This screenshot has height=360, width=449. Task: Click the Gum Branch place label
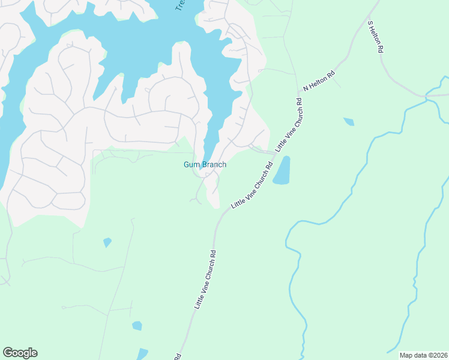205,165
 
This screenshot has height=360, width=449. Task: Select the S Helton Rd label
375,37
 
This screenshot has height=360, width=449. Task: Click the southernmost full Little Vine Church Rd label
205,279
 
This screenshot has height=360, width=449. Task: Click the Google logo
20,353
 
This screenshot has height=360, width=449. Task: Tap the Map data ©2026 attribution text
423,355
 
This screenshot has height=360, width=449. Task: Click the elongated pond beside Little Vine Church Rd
282,170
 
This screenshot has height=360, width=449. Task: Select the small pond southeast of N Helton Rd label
349,122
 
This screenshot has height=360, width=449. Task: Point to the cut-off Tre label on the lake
179,5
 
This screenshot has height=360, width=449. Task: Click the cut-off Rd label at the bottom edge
178,356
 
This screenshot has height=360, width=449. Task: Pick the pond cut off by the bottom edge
142,354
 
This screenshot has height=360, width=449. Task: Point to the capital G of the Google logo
8,353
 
